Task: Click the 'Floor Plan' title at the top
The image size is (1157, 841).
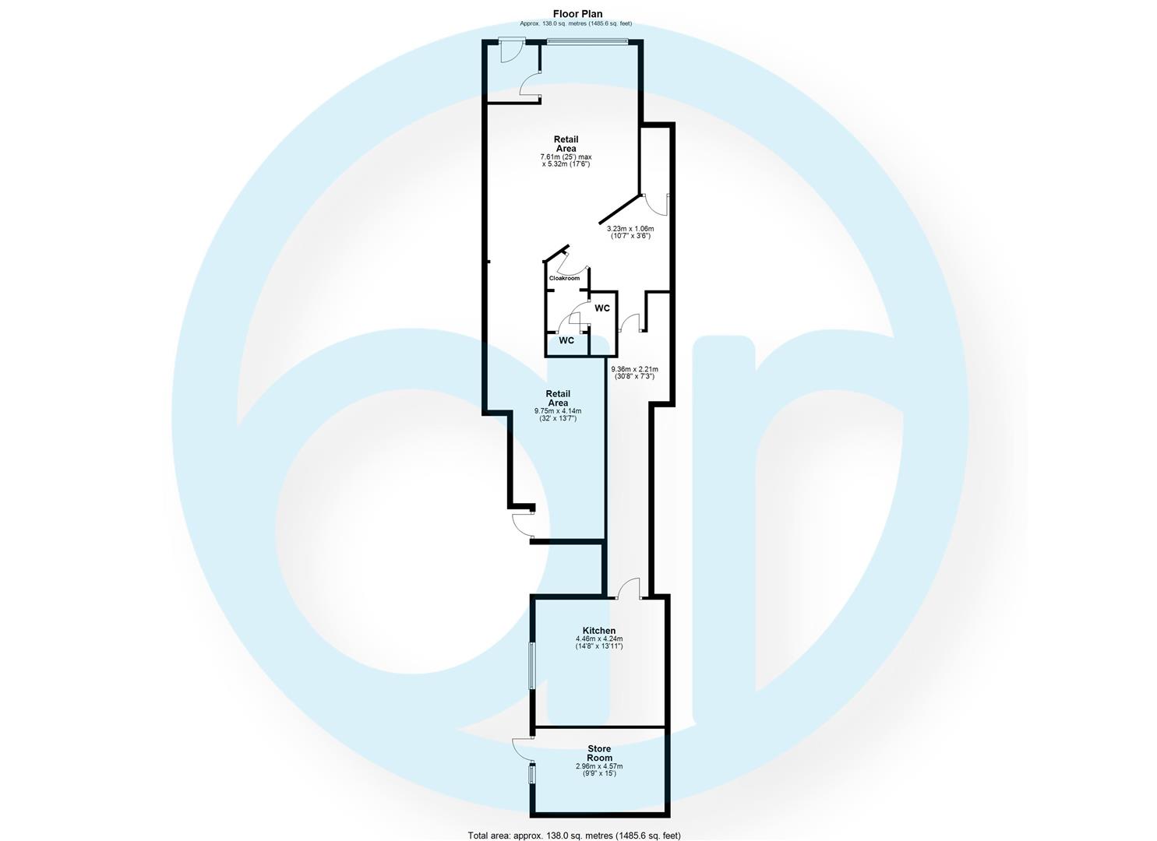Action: pyautogui.click(x=577, y=14)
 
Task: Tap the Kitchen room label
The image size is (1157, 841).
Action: pyautogui.click(x=599, y=631)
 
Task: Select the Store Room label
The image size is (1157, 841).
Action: pyautogui.click(x=599, y=753)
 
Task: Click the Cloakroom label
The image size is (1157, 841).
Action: pyautogui.click(x=564, y=278)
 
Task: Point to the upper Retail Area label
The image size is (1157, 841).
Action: pyautogui.click(x=566, y=144)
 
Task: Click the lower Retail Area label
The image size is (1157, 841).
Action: pyautogui.click(x=558, y=398)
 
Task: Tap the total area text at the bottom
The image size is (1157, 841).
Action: pyautogui.click(x=574, y=836)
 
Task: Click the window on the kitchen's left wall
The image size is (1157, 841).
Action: pyautogui.click(x=532, y=665)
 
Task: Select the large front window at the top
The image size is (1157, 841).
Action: pyautogui.click(x=586, y=41)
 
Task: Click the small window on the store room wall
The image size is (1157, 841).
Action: pyautogui.click(x=532, y=775)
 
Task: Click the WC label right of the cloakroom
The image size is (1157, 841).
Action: pyautogui.click(x=602, y=308)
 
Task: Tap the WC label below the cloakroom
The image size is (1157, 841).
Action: pyautogui.click(x=566, y=340)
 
